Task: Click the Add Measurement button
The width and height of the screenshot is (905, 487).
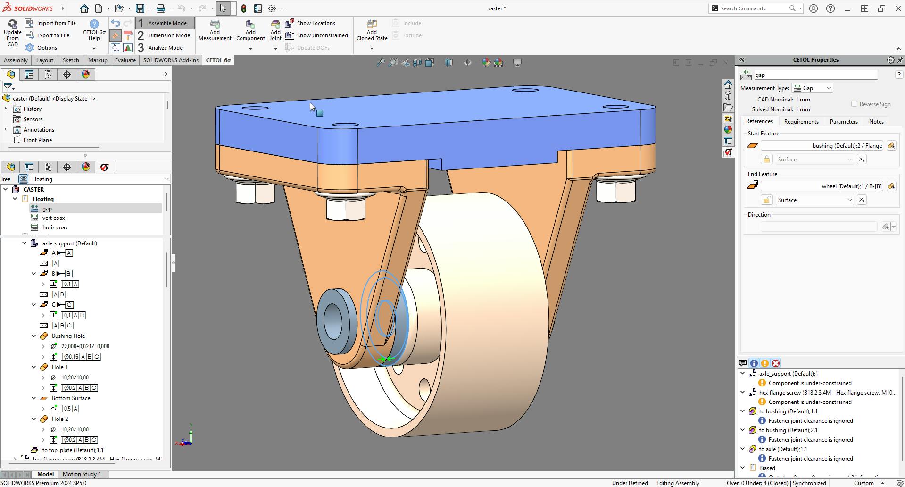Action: tap(215, 31)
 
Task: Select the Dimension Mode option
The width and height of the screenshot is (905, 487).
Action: tap(168, 35)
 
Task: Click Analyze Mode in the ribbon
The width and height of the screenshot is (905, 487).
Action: tap(165, 48)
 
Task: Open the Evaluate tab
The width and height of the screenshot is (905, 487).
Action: tap(125, 60)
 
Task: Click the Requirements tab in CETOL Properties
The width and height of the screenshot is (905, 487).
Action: tap(801, 122)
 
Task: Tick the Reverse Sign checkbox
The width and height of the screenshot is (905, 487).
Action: tap(854, 104)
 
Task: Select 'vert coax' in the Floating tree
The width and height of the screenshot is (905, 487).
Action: tap(53, 218)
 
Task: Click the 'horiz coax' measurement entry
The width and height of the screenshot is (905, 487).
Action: tap(55, 227)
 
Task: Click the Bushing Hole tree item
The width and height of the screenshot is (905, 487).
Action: tap(68, 336)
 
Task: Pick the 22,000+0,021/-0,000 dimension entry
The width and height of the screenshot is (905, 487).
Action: tap(85, 346)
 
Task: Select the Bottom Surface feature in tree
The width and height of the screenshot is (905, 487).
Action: tap(71, 398)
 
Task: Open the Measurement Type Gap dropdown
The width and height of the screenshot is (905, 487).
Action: tap(813, 88)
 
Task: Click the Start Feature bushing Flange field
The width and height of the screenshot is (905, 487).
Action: tap(822, 146)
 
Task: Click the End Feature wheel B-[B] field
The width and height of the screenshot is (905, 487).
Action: tap(822, 186)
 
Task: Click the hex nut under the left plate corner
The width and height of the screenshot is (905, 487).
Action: tap(255, 193)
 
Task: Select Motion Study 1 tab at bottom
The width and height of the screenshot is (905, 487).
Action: tap(81, 474)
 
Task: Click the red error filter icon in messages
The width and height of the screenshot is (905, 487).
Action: tap(775, 363)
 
